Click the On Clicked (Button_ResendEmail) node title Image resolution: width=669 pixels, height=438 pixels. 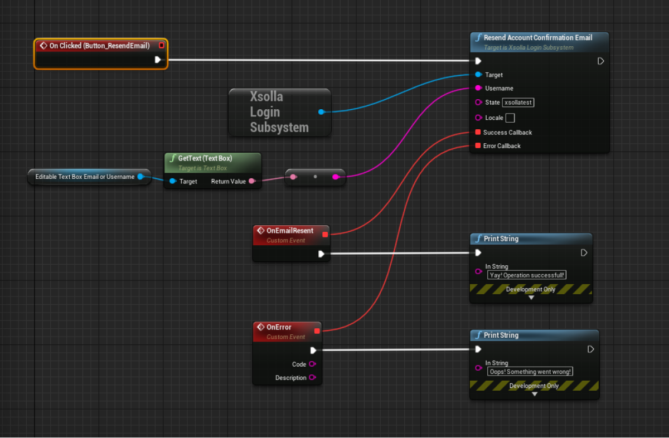coord(99,46)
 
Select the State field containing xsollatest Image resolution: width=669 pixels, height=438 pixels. coord(518,103)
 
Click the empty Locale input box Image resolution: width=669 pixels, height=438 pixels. coord(510,118)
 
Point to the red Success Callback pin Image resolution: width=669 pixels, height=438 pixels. coord(478,133)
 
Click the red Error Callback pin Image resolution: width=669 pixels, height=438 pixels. coord(478,146)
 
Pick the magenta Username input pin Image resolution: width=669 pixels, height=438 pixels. coord(478,88)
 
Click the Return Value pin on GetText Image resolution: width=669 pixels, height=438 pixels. coord(252,181)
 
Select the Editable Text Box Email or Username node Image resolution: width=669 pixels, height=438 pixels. coord(85,177)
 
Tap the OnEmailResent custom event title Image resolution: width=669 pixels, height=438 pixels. coord(290,231)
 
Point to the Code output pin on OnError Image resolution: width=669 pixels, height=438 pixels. coord(312,364)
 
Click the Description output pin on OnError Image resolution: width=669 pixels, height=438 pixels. coord(312,378)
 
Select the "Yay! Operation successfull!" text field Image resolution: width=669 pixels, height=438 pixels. coord(527,275)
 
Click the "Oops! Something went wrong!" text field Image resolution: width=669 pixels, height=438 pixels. coord(531,372)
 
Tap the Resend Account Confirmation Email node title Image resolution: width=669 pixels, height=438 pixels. coord(537,38)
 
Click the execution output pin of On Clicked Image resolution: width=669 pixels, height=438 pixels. coord(158,60)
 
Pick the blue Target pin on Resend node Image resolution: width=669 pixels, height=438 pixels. coord(478,75)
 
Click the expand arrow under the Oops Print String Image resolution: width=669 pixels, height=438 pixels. coord(534,394)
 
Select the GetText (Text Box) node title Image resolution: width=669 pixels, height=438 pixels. coord(205,158)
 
